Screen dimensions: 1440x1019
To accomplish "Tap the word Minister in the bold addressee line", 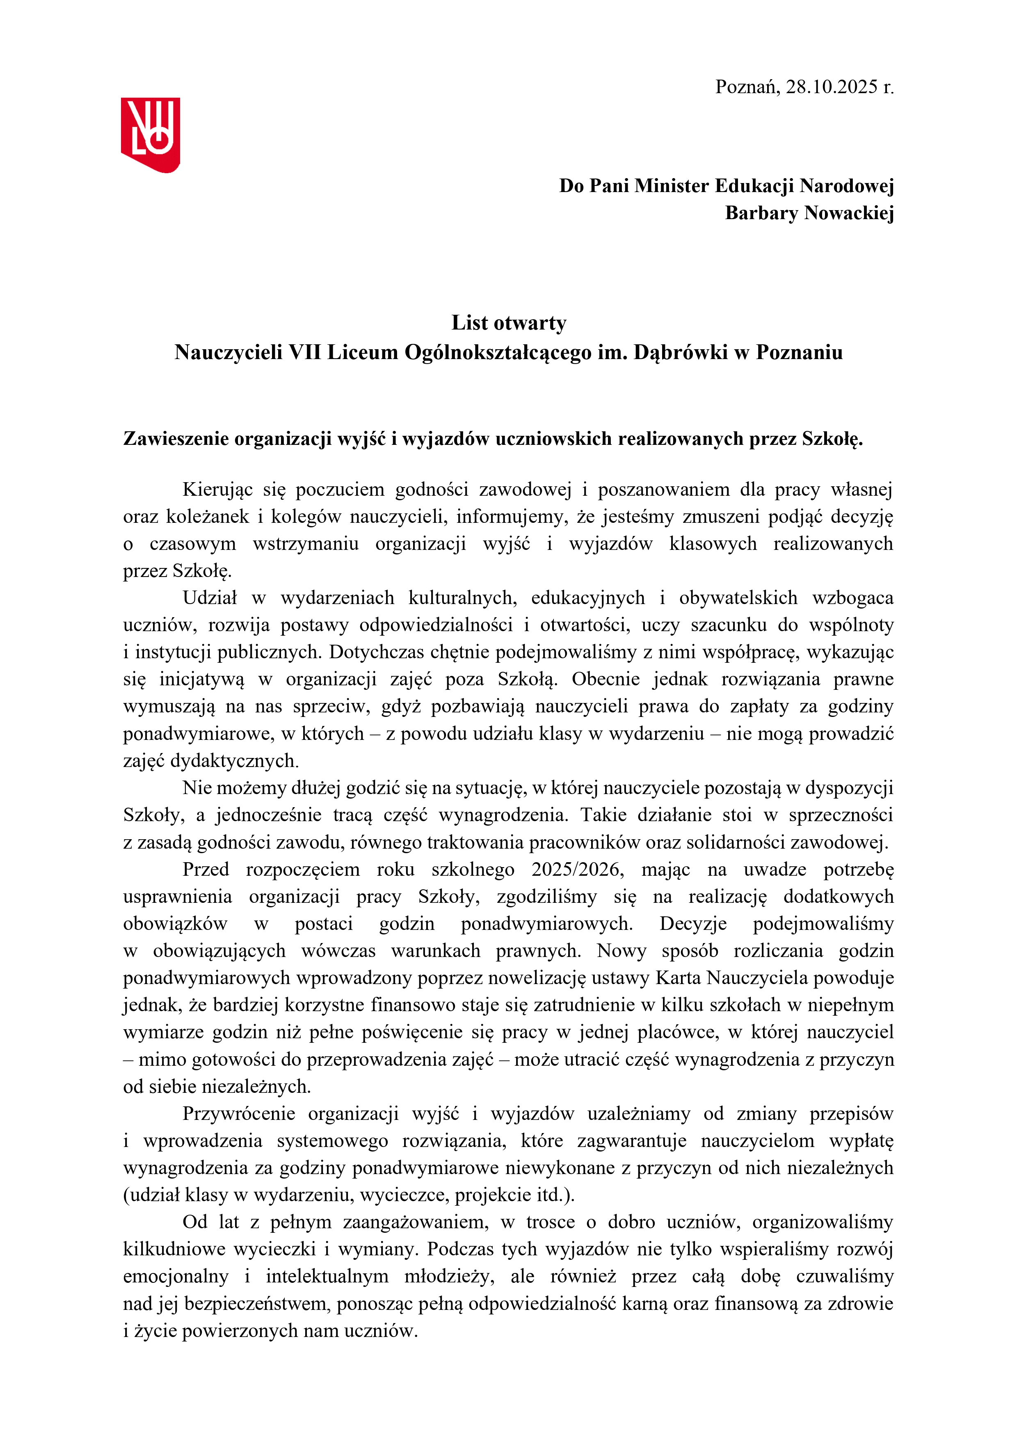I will (x=672, y=186).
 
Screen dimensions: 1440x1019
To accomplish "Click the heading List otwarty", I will (x=509, y=323).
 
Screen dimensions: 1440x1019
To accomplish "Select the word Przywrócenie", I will (x=238, y=1114).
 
